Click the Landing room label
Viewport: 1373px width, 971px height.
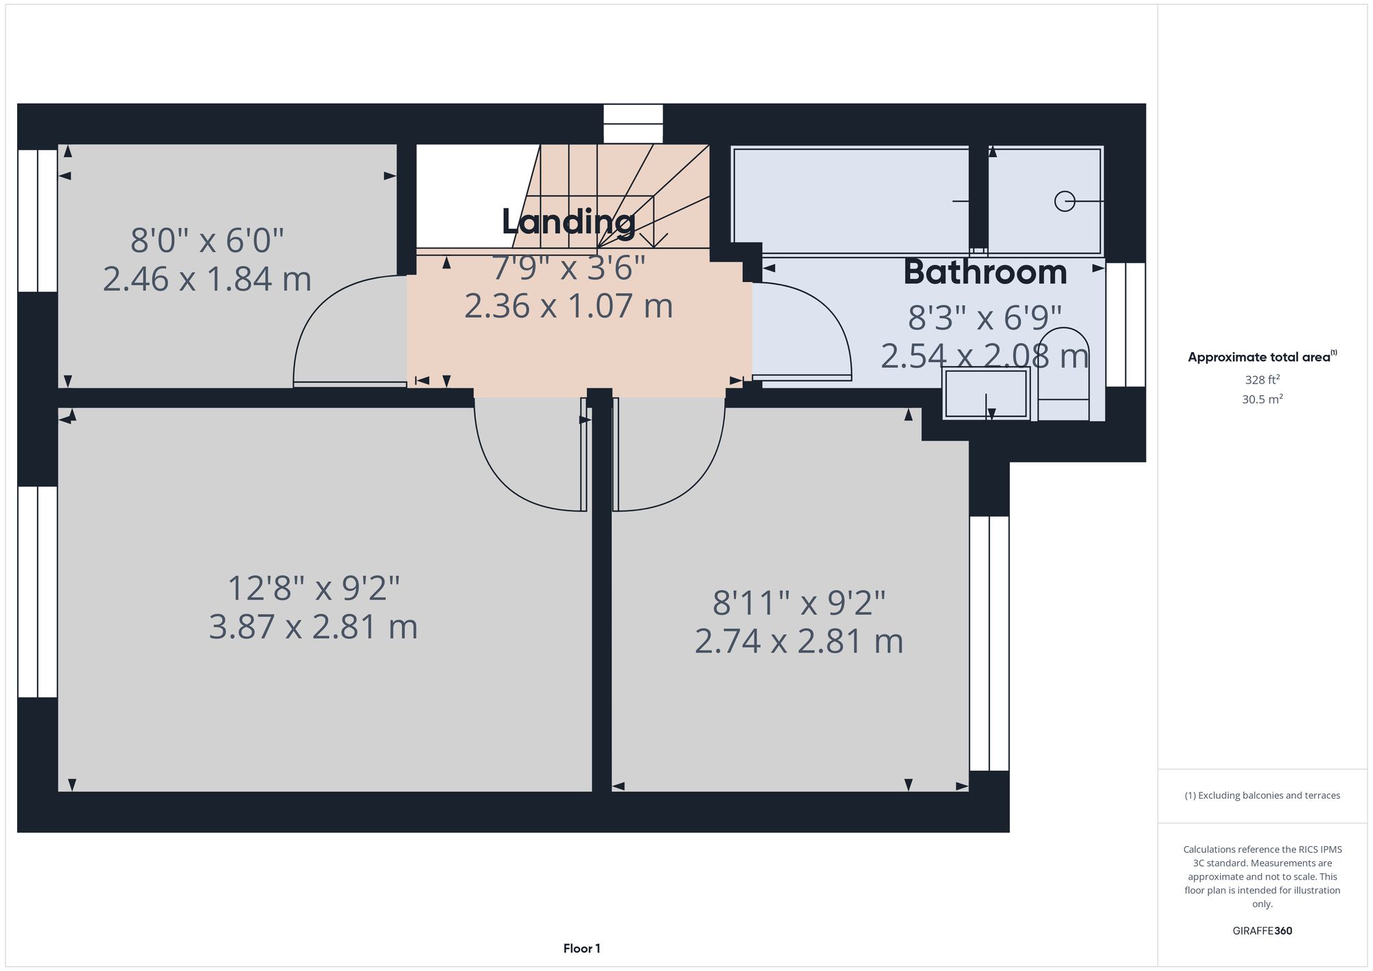click(x=568, y=222)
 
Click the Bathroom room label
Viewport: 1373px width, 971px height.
click(x=985, y=272)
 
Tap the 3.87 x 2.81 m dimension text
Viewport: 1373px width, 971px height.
click(x=313, y=627)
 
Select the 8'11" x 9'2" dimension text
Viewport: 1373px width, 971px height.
click(x=798, y=603)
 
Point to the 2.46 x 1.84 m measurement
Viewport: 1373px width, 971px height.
click(x=207, y=279)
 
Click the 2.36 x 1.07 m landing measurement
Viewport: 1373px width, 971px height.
click(x=568, y=306)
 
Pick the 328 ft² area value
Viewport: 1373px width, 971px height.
click(x=1262, y=379)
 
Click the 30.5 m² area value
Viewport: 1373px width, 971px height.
click(x=1262, y=399)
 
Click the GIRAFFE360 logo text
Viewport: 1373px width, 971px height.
click(x=1262, y=931)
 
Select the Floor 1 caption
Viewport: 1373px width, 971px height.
click(x=581, y=948)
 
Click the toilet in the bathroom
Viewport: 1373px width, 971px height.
click(x=1063, y=374)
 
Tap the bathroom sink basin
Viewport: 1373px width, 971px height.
click(x=986, y=394)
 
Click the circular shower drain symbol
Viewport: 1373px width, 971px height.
click(x=1064, y=201)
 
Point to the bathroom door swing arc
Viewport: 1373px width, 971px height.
click(x=817, y=323)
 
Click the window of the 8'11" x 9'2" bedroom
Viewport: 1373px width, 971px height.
click(x=989, y=643)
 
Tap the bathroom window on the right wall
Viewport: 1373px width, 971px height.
click(x=1125, y=325)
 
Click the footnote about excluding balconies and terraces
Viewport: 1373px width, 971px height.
click(x=1262, y=795)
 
